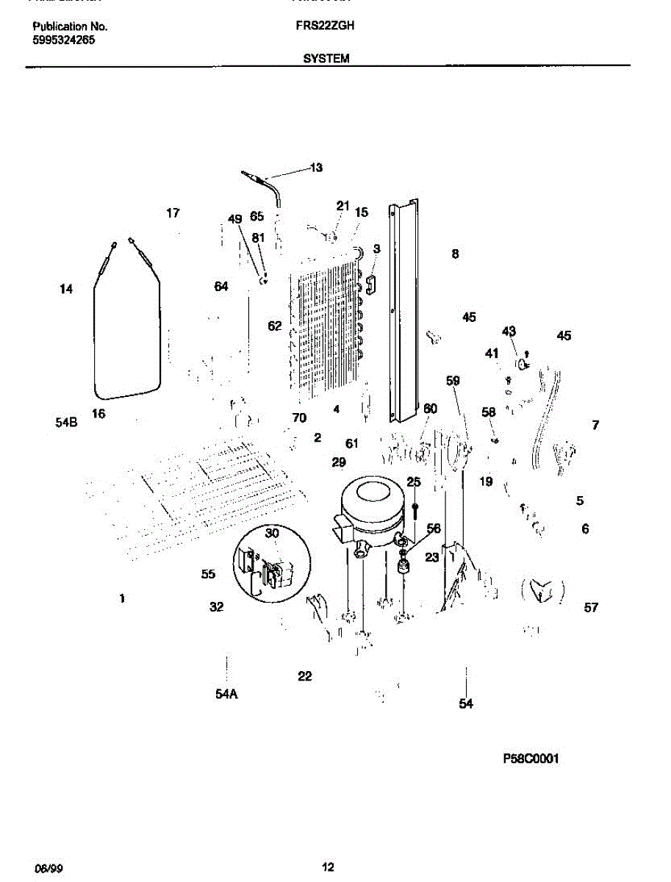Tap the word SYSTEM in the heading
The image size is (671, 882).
click(326, 58)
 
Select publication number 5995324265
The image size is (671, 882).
click(64, 40)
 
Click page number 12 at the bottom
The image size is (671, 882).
click(329, 867)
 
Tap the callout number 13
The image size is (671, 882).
click(315, 168)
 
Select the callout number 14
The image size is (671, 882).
click(66, 290)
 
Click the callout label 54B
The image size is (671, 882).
click(66, 423)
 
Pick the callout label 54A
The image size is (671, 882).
click(226, 694)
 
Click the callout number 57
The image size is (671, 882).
click(591, 607)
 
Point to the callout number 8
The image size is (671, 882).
click(455, 254)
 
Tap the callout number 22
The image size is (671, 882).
click(305, 676)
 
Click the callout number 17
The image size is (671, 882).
click(173, 214)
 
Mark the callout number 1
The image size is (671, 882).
click(122, 599)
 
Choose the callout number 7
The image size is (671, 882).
click(595, 425)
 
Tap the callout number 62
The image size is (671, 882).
click(274, 326)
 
